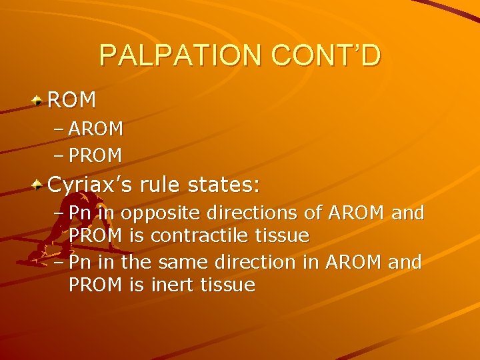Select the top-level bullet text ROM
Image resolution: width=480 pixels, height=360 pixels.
coord(72,100)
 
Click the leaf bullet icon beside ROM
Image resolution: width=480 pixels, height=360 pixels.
coord(39,101)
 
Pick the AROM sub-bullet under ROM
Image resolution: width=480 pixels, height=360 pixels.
coord(96,129)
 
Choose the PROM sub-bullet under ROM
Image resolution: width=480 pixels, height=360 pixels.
coord(96,156)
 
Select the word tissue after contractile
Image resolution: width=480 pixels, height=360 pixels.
coord(285,235)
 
